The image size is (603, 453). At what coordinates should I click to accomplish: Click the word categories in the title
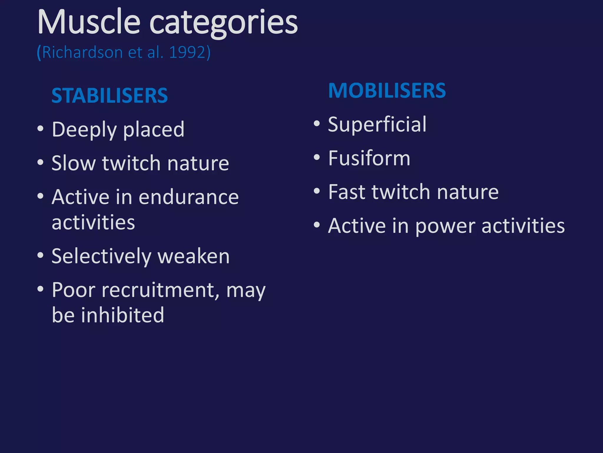click(x=224, y=24)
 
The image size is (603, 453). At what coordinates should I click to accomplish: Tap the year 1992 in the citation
click(x=187, y=52)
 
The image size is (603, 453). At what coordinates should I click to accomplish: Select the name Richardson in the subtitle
click(x=82, y=52)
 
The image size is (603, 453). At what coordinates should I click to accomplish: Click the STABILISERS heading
click(x=110, y=96)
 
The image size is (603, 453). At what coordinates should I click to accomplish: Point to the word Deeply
click(x=84, y=130)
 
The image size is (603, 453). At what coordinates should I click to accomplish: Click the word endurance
click(x=188, y=197)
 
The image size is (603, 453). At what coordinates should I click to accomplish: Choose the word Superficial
click(x=377, y=124)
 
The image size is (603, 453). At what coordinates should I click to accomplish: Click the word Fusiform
click(x=369, y=158)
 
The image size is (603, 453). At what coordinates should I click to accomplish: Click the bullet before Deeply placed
click(x=41, y=129)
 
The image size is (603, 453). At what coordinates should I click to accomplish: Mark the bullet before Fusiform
click(x=317, y=157)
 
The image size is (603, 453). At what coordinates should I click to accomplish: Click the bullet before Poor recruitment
click(x=41, y=289)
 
